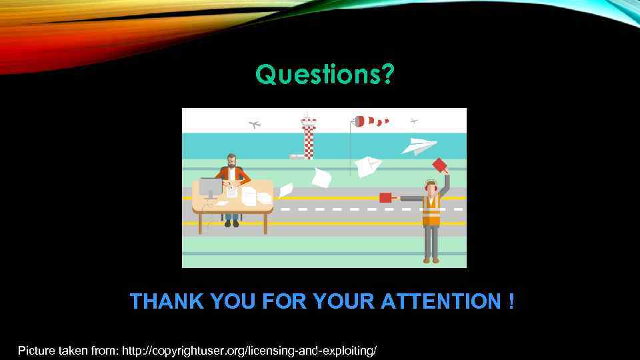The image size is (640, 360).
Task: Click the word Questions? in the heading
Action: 325,75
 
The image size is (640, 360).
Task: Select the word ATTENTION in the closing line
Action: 440,302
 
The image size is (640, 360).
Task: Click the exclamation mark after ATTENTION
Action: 510,302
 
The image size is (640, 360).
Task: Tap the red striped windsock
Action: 371,121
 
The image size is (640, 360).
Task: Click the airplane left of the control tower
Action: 254,124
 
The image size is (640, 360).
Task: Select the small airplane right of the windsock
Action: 414,121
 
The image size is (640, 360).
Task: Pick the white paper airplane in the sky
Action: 420,145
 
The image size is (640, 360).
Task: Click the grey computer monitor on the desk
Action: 210,187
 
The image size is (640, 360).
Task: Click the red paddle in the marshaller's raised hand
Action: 439,165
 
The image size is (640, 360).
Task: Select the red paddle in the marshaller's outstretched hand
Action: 385,197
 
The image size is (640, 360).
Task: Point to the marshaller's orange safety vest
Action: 431,210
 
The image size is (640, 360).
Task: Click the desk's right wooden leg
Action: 265,223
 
